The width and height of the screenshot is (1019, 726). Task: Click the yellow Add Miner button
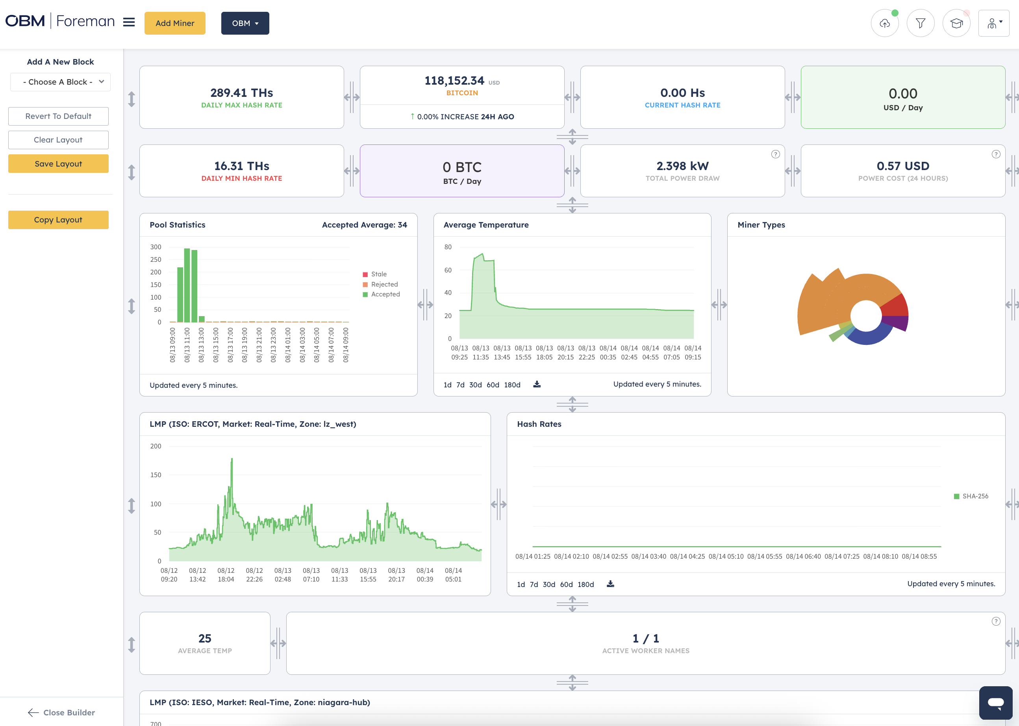(175, 23)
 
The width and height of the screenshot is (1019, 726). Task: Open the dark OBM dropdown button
(245, 23)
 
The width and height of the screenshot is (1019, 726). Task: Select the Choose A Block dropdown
(60, 82)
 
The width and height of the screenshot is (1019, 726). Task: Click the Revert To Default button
(58, 116)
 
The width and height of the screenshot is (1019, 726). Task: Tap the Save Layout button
(58, 164)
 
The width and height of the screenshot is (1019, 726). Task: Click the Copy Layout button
(58, 220)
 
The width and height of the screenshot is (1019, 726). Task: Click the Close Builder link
(62, 712)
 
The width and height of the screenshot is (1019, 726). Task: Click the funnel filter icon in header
(920, 23)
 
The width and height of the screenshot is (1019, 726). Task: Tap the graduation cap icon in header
(956, 23)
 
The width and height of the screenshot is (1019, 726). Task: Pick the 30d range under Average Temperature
(475, 385)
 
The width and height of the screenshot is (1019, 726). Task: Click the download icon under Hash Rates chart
(610, 584)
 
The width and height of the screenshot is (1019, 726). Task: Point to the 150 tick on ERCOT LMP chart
(156, 475)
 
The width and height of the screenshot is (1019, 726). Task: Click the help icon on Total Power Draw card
(775, 154)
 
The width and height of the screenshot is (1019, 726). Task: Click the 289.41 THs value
(241, 93)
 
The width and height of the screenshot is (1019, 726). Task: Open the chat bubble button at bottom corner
(995, 702)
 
